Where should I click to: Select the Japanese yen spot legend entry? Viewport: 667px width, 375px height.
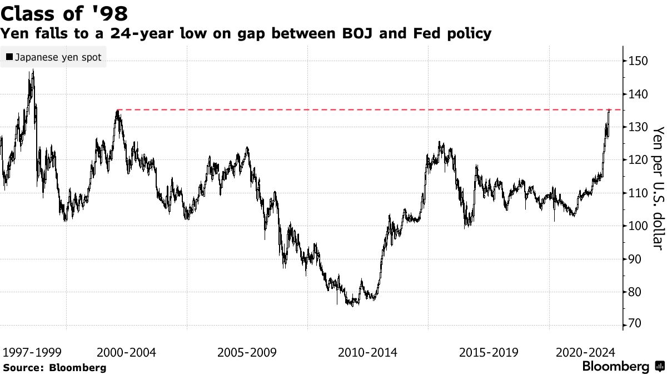53,57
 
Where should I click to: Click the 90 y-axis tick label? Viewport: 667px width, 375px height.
636,259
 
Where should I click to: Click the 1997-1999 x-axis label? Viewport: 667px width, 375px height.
32,353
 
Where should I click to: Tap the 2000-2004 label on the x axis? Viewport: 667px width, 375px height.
126,353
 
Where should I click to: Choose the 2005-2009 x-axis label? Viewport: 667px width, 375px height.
247,353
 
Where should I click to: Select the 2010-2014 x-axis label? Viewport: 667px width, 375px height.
367,353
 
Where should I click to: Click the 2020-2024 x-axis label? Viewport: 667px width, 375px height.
585,353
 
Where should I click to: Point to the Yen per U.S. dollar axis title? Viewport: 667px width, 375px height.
658,187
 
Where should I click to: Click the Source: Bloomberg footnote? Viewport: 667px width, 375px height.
54,368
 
